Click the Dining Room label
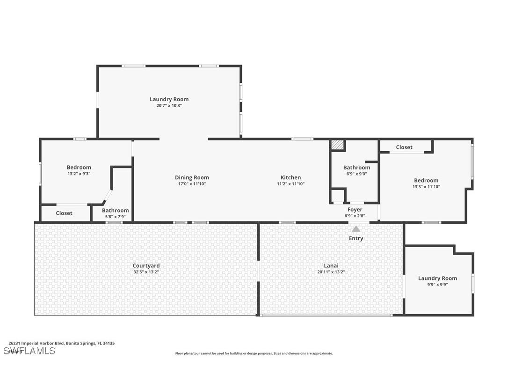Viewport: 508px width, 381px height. pos(192,177)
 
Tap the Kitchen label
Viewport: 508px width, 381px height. pos(290,177)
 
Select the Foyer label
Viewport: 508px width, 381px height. pos(355,210)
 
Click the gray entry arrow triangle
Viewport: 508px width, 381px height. pos(356,229)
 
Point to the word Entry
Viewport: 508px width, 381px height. pos(356,238)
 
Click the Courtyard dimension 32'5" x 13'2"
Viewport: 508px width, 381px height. pos(146,272)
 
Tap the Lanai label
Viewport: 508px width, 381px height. pos(331,265)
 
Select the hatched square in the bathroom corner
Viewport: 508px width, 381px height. pos(337,145)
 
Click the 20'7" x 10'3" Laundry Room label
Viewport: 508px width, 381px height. pos(169,99)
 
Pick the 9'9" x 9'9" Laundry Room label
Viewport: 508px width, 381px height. pos(437,278)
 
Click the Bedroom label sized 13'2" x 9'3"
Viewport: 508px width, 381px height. pos(79,168)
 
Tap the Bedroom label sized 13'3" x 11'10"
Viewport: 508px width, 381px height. pos(426,181)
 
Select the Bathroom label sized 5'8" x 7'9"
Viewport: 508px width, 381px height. pos(115,211)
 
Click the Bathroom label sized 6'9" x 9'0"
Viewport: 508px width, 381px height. pos(356,168)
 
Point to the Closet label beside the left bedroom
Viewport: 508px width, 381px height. pos(64,213)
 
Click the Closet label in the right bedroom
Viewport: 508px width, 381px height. pos(404,147)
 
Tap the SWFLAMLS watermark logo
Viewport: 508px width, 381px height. pos(29,351)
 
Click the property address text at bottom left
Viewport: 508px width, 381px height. pos(61,343)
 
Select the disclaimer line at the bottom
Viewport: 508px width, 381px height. pos(254,353)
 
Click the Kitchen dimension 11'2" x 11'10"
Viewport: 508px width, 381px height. pos(290,184)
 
